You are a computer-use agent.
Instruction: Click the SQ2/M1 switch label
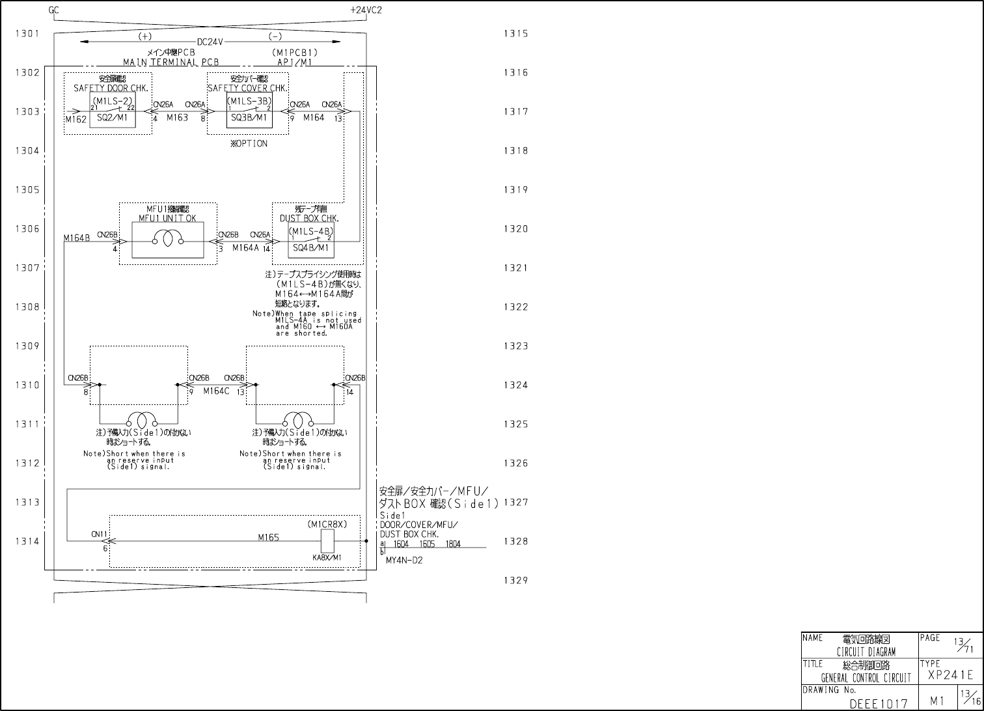[112, 119]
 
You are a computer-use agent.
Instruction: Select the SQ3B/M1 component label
[249, 118]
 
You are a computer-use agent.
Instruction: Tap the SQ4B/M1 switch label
[310, 248]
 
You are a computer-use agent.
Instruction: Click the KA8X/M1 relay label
[327, 558]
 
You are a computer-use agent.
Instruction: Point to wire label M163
[177, 118]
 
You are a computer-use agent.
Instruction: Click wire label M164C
[216, 391]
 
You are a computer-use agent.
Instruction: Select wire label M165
[268, 538]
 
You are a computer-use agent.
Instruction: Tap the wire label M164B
[77, 238]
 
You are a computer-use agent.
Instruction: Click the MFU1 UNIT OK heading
[167, 218]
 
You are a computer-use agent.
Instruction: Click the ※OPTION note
[249, 144]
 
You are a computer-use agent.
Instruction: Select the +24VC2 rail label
[366, 10]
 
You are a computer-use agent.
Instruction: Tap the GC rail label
[54, 10]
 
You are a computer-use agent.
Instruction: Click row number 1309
[27, 346]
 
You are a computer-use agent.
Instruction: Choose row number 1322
[515, 307]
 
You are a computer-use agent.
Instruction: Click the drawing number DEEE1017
[878, 704]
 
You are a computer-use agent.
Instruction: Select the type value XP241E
[950, 675]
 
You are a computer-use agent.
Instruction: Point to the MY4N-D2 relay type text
[404, 561]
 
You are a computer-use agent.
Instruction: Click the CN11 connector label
[99, 535]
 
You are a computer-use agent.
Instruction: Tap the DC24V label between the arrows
[210, 42]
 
